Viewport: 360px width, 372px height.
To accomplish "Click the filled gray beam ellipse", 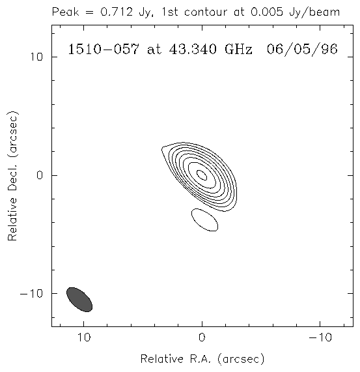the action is point(79,300).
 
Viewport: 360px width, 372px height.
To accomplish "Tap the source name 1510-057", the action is point(104,50).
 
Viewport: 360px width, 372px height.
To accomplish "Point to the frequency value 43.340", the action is point(193,50).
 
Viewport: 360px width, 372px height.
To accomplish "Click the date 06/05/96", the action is point(302,50).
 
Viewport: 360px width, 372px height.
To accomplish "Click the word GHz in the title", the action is point(238,50).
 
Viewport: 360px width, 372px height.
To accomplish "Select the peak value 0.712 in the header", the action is point(116,12).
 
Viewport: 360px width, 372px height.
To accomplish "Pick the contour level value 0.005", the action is point(267,12).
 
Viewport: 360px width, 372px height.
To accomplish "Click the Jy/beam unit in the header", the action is point(314,12).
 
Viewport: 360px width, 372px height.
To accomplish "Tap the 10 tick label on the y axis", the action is point(36,57).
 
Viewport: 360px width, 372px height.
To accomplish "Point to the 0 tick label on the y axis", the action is point(40,175).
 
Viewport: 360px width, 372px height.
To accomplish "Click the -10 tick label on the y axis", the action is point(31,294).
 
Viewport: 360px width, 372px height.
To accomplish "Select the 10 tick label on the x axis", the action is point(84,337).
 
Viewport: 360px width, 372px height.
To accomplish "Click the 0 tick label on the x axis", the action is point(202,337).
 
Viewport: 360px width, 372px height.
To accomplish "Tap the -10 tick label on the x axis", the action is point(320,337).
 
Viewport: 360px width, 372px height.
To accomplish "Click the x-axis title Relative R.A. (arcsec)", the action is point(202,359).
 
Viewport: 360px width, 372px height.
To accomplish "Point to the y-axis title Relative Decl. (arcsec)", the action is point(12,175).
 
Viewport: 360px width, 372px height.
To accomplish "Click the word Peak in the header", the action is point(65,12).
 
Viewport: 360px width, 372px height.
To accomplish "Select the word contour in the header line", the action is point(206,12).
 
